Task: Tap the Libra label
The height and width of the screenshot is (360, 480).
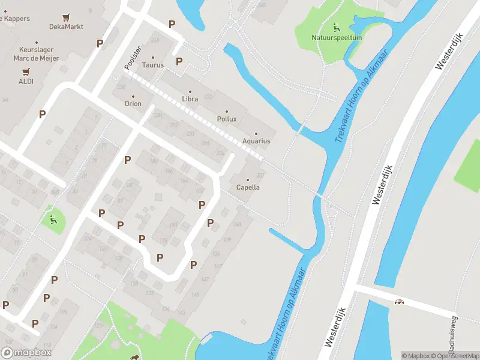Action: click(190, 98)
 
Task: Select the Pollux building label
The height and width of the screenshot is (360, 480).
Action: click(227, 119)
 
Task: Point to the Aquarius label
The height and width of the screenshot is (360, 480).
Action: click(256, 141)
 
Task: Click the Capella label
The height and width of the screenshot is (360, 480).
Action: click(248, 187)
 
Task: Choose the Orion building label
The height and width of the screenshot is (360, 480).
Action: click(133, 103)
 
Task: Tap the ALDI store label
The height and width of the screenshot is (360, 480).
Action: click(26, 81)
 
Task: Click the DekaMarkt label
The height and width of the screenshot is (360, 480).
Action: click(66, 27)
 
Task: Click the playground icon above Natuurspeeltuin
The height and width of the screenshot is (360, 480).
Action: click(335, 26)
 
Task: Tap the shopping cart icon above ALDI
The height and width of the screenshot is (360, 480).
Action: click(26, 71)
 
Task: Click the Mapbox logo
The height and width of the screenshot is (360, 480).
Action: click(26, 353)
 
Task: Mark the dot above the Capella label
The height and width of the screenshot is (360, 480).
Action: click(248, 179)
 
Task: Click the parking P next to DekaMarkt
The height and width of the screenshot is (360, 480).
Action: click(100, 43)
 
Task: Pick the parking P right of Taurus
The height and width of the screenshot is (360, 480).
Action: click(179, 61)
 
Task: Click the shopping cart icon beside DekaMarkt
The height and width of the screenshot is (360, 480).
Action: click(66, 17)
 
